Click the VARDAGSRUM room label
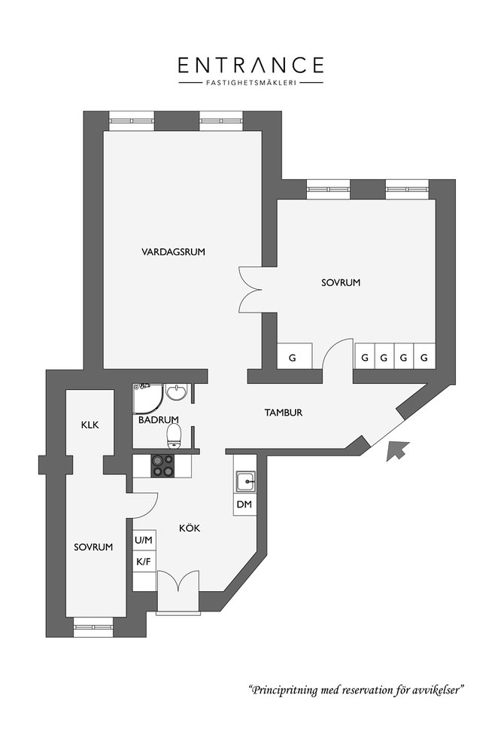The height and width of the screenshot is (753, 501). [x=173, y=252]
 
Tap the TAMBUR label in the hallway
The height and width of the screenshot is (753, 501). [x=284, y=412]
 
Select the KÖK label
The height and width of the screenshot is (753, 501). [x=190, y=528]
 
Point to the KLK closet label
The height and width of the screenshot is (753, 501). [x=90, y=425]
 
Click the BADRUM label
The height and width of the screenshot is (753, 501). [x=159, y=419]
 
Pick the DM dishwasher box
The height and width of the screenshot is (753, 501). [x=244, y=505]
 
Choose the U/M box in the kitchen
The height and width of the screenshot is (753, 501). [x=144, y=540]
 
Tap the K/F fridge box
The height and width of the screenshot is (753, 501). [x=144, y=562]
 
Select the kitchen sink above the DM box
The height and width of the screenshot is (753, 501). [x=246, y=480]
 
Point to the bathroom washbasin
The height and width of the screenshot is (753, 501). [x=176, y=392]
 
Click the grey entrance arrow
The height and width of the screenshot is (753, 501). [x=397, y=451]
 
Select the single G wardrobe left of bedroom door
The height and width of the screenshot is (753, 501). [x=292, y=356]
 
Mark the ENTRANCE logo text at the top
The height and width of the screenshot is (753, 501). [x=251, y=65]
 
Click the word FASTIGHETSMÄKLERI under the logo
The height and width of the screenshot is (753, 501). [x=251, y=82]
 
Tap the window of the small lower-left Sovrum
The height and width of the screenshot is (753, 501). [x=93, y=627]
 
